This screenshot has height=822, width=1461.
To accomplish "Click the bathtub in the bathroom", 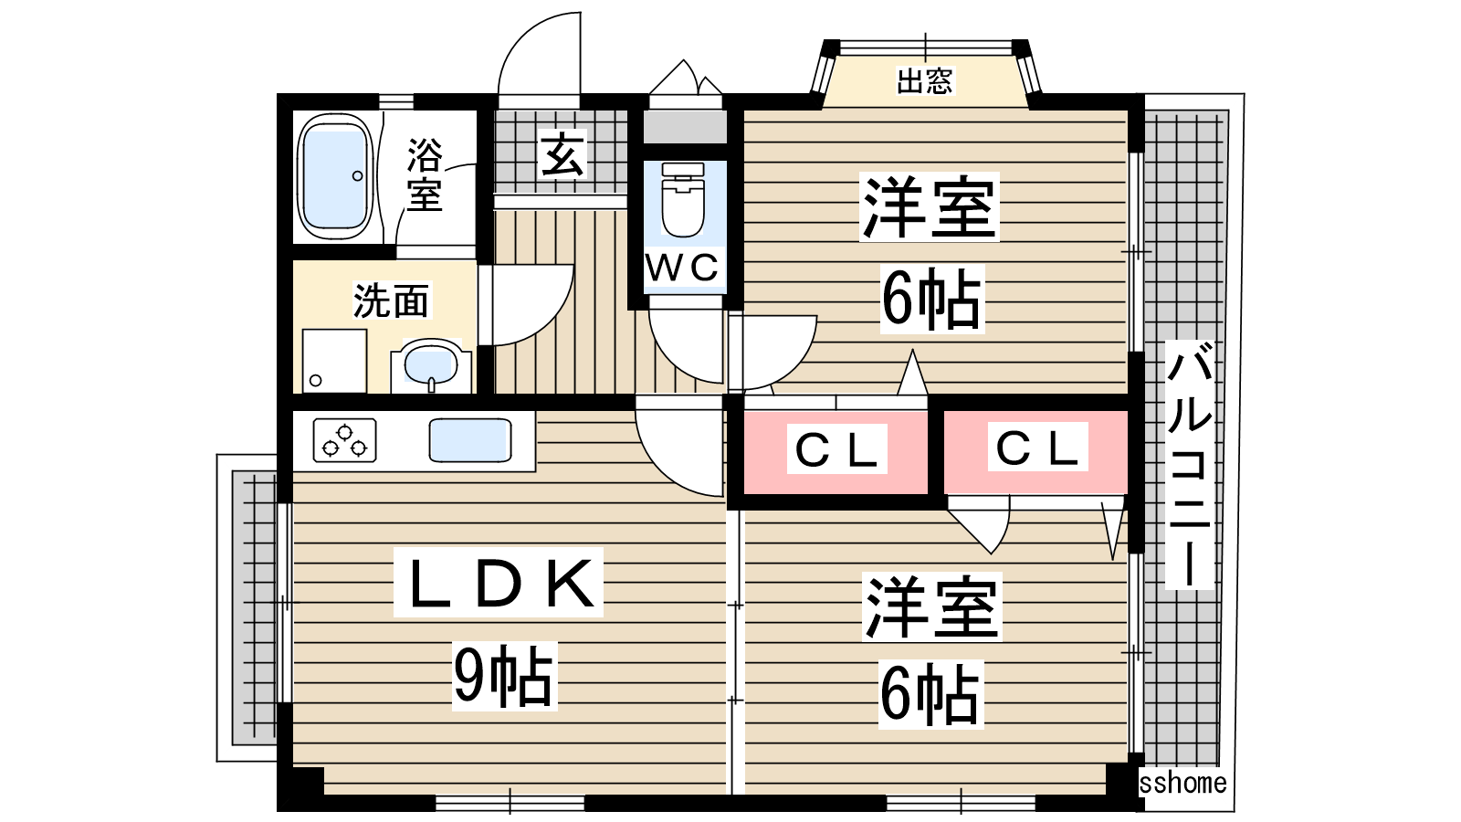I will (x=335, y=176).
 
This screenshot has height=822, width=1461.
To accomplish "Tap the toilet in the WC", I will (x=683, y=201).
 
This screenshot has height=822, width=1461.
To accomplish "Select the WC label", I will (x=683, y=269).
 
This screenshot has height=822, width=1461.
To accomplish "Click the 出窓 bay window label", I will (x=924, y=81).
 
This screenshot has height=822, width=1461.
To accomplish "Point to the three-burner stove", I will (x=344, y=439).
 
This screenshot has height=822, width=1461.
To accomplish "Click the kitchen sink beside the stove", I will (x=469, y=440).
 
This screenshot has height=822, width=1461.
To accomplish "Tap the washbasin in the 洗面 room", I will (x=430, y=364).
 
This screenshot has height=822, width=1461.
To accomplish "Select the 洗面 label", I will (x=391, y=300).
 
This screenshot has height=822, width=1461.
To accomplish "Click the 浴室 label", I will (x=425, y=174).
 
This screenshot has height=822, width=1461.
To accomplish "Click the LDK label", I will (x=499, y=583).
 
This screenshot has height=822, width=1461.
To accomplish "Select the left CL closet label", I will (x=836, y=449).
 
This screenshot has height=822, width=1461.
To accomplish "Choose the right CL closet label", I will (x=1037, y=448).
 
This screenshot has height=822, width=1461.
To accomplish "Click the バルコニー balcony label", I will (x=1189, y=464).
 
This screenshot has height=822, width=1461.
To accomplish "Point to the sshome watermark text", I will (x=1183, y=783).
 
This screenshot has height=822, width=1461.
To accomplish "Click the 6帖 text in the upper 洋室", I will (x=930, y=299).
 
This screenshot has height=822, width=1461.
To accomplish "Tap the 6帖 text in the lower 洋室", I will (x=930, y=694).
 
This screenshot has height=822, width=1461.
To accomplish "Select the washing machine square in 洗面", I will (x=334, y=362).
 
